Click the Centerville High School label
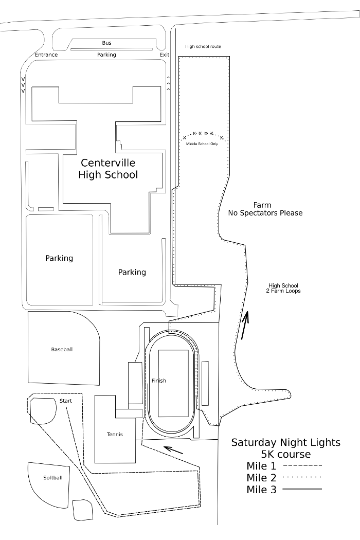[x=108, y=169]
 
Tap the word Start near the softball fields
[x=65, y=401]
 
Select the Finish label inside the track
[x=159, y=381]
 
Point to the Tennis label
[x=115, y=434]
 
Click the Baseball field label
[x=62, y=349]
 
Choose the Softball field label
[x=52, y=478]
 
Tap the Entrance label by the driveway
[x=46, y=55]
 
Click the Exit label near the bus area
[x=165, y=55]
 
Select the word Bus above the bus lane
[x=106, y=43]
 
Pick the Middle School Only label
[x=202, y=143]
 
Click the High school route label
[x=203, y=46]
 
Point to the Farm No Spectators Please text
[x=265, y=209]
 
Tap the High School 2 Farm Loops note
[x=283, y=288]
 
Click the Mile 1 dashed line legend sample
[x=302, y=466]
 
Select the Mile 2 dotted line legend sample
[x=302, y=477]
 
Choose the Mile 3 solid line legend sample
[x=302, y=489]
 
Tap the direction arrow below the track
[x=173, y=450]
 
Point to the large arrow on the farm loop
[x=245, y=325]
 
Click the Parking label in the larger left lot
[x=59, y=258]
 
